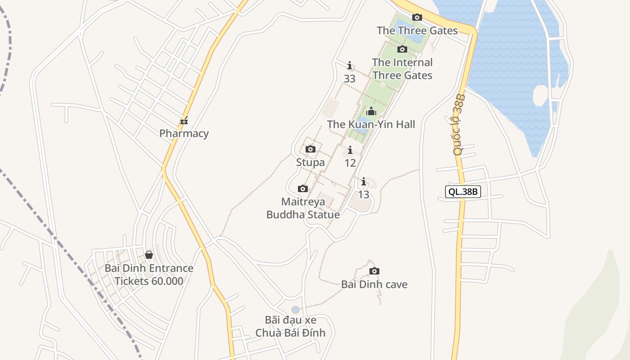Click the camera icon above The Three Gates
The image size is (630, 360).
coord(417,18)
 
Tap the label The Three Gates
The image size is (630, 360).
coord(417,31)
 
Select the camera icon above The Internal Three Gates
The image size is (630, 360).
coord(402,49)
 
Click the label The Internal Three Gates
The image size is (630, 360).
coord(402,69)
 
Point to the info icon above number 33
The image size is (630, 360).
coord(350,66)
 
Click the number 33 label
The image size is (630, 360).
coord(350,79)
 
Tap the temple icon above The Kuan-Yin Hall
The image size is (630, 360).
coord(371,111)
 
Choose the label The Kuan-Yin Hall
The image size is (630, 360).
coord(371,124)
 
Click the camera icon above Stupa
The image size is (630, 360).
coord(310,149)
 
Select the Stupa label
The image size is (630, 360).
coord(310,162)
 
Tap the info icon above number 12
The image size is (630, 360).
coord(350,150)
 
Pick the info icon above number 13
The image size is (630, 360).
coord(364,182)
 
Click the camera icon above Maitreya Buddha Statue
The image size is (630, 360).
coord(303,189)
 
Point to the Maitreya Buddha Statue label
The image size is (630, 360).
coord(303,208)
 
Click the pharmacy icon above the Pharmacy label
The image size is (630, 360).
coord(184,121)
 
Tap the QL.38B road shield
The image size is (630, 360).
coord(463,192)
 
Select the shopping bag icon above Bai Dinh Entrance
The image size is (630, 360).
coord(149,255)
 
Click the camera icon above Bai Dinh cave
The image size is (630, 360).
coord(374,271)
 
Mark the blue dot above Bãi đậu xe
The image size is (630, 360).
coord(295,310)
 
